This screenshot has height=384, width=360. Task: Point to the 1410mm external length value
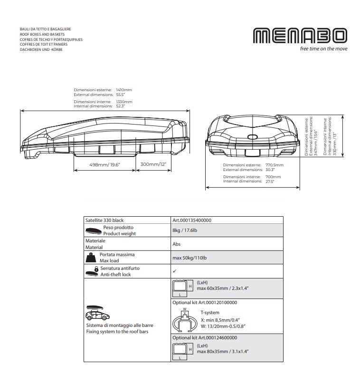[124, 89]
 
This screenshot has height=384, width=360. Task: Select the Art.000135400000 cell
[192, 221]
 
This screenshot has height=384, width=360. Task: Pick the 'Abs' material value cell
[177, 244]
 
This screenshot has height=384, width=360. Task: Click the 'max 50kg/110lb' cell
[189, 258]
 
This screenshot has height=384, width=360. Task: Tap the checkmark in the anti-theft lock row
[174, 271]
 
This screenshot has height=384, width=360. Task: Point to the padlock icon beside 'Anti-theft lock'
[96, 269]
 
